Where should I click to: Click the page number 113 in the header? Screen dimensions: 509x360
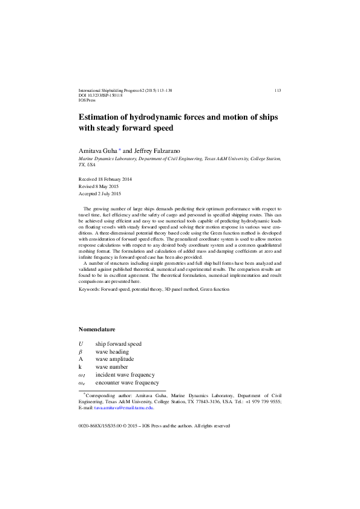point(277,90)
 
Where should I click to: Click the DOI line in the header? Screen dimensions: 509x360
point(101,95)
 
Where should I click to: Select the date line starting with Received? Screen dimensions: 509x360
point(105,180)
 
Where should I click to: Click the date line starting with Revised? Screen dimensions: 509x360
point(100,187)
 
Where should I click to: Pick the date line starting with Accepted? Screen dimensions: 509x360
point(100,194)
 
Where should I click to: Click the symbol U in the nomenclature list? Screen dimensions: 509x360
point(81,344)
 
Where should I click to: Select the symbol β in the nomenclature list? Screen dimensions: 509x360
point(80,352)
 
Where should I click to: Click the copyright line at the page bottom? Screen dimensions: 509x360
point(154,426)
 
